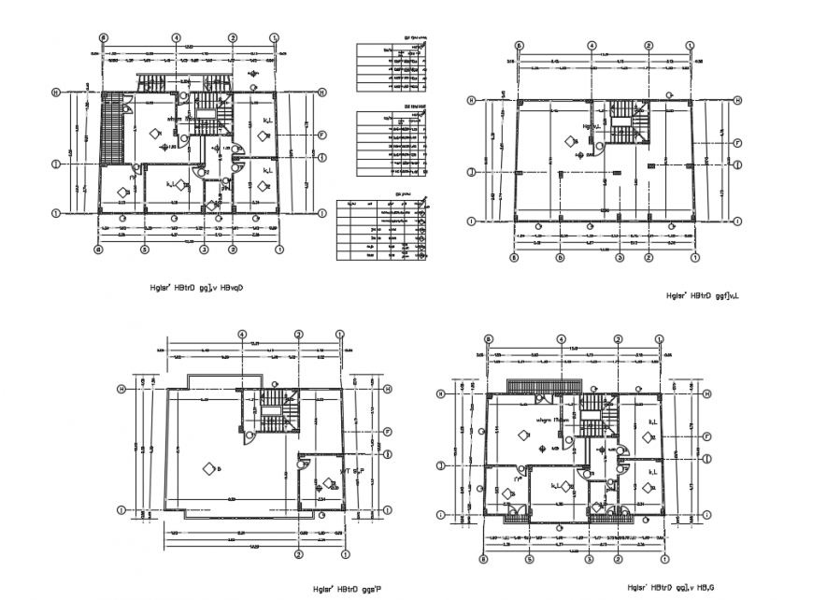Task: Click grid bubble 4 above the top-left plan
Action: tap(176, 38)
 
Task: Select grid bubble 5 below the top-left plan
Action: tap(145, 250)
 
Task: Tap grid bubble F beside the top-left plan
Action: tap(321, 134)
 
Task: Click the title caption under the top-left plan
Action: tap(190, 289)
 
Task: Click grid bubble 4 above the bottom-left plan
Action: tap(242, 334)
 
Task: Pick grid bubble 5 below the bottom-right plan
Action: tap(528, 559)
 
